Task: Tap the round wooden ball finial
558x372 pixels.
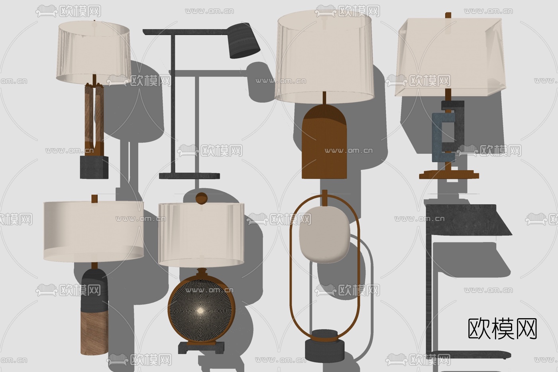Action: [201, 199]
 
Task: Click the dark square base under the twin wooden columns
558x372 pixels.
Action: [94, 167]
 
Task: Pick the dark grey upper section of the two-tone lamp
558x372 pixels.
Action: [95, 291]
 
